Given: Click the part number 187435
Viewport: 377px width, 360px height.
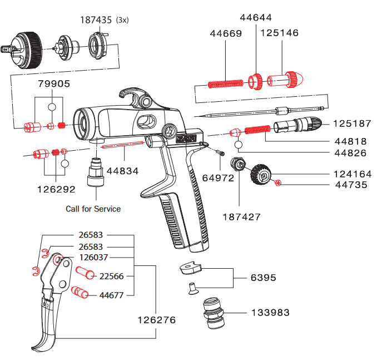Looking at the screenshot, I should click(95, 21).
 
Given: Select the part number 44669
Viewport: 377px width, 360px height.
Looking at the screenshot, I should click(226, 33).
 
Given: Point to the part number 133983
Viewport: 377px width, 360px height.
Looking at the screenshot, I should click(270, 313).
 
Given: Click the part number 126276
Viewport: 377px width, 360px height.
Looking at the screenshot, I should click(156, 320).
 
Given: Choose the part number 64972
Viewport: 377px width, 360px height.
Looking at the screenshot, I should click(218, 178).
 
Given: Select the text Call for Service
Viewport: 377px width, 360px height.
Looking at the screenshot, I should click(93, 209).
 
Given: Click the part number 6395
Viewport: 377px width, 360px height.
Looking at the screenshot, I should click(264, 278).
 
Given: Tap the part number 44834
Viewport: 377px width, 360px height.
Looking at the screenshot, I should click(122, 171).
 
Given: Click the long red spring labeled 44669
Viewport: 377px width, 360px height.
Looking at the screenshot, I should click(225, 84).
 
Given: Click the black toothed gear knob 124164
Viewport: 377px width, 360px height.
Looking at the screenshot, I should click(262, 174).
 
